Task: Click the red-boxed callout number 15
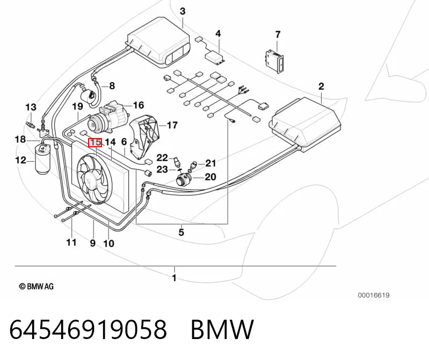(x=95, y=142)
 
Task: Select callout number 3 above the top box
(x=183, y=11)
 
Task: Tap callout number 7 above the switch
(x=278, y=34)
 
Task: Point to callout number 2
(x=321, y=86)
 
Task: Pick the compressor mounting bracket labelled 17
(x=144, y=138)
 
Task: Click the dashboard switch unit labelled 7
(x=274, y=61)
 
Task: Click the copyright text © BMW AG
(x=37, y=286)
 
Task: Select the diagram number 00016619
(x=374, y=295)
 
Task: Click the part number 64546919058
(x=88, y=329)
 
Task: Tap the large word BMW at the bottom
(x=222, y=329)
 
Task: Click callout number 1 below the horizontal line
(x=174, y=278)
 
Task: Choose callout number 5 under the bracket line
(x=181, y=233)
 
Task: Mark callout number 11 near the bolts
(x=71, y=242)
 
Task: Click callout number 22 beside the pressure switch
(x=162, y=157)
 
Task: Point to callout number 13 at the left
(x=31, y=107)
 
